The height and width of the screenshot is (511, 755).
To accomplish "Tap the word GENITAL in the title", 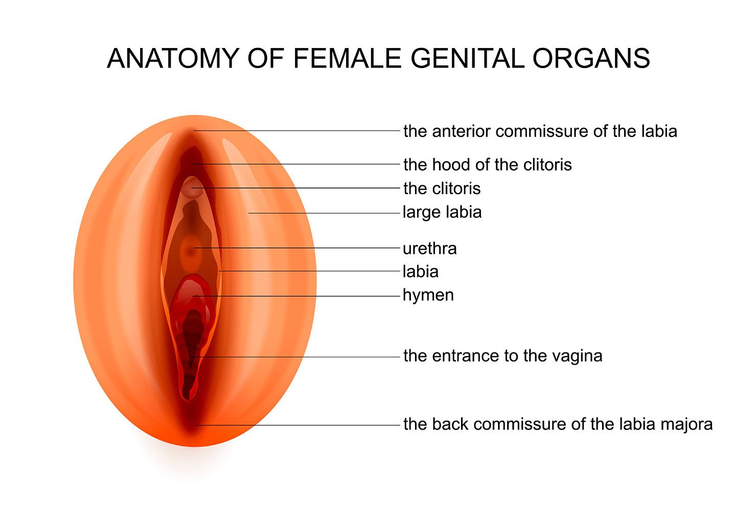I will [x=466, y=58].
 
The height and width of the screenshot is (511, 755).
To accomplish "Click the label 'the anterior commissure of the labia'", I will [x=540, y=131].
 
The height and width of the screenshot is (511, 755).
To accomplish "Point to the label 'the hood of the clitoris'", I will [x=487, y=165].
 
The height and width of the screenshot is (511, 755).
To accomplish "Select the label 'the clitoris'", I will [x=442, y=189].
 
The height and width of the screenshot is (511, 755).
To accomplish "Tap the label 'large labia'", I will [x=442, y=212].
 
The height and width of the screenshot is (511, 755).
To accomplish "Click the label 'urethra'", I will [x=429, y=248].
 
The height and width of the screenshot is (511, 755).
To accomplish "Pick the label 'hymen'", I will [x=428, y=295].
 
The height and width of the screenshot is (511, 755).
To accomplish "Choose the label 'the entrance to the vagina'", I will [x=502, y=356].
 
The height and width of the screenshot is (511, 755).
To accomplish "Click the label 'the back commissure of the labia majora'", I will [x=558, y=424].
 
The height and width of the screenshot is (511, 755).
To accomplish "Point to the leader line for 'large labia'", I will [x=327, y=213].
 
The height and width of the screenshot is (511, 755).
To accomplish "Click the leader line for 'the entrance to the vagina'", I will [x=307, y=357].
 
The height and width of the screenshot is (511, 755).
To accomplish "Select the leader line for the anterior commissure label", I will [x=307, y=131].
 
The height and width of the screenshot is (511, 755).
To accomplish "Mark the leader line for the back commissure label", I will [x=307, y=425].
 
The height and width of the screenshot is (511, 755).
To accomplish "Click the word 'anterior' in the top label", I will [x=462, y=131].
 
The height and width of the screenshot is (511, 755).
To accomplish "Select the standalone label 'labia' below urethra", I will [x=420, y=271].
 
